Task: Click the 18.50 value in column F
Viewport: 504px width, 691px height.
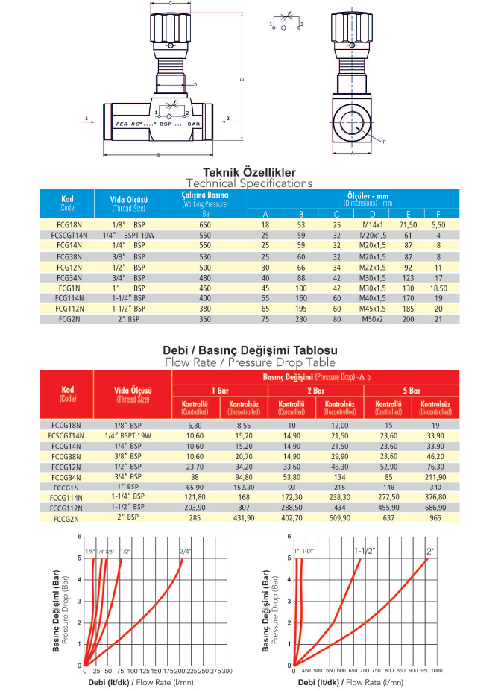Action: [x=438, y=287]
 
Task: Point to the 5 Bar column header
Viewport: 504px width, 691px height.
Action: [x=411, y=390]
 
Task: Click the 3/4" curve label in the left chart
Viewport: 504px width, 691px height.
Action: [x=185, y=552]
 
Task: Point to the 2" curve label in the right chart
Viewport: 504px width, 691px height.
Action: [x=429, y=552]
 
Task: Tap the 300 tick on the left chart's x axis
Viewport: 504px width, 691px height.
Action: [x=227, y=671]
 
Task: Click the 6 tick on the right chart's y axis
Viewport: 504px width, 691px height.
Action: [x=289, y=537]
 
